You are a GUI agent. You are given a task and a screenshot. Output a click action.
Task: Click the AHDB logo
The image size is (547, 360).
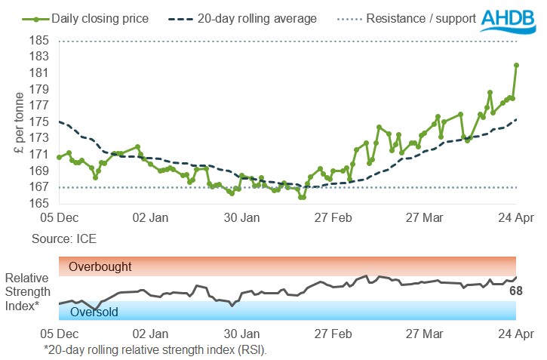point(511,20)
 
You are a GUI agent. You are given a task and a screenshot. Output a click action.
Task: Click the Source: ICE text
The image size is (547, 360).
point(64,238)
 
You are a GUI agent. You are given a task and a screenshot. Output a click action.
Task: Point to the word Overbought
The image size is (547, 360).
point(100,266)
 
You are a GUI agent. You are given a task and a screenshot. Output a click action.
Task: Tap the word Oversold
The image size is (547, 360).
point(94,312)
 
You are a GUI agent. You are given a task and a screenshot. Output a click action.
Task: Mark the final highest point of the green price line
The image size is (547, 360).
point(517,65)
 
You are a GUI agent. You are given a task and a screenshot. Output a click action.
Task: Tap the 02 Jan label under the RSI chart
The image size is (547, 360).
point(149,333)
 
